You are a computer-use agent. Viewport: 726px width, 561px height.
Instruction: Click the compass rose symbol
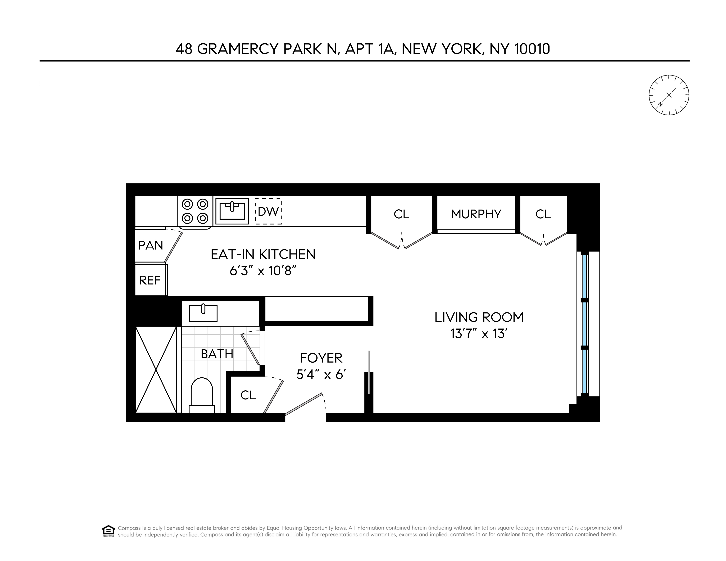[669, 95]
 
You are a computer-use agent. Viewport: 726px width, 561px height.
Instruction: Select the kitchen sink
[232, 211]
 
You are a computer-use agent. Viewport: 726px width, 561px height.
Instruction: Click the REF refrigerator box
[150, 280]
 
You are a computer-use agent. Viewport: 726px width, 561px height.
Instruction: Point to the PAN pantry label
[151, 245]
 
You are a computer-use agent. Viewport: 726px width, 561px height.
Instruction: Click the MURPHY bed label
[476, 214]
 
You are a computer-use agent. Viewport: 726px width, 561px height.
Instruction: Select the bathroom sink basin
[203, 313]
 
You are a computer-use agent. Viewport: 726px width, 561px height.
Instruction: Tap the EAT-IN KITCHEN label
[263, 254]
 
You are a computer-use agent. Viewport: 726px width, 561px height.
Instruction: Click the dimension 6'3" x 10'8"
[263, 271]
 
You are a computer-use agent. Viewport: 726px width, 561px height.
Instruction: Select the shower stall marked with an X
[156, 369]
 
